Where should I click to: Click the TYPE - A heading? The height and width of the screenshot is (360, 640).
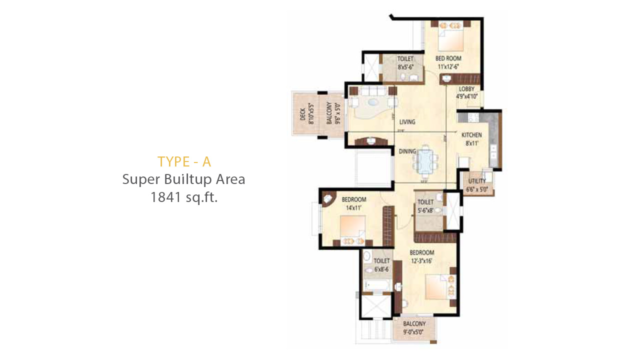pyautogui.click(x=184, y=161)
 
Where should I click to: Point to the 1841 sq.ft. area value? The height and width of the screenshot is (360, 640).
pyautogui.click(x=184, y=197)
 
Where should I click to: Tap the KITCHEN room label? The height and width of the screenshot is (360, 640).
pyautogui.click(x=471, y=135)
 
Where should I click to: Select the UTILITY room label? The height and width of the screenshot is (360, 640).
pyautogui.click(x=477, y=181)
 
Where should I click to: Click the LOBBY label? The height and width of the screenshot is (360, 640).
pyautogui.click(x=466, y=89)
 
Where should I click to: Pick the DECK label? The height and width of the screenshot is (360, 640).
pyautogui.click(x=303, y=114)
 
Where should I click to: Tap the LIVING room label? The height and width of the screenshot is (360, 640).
pyautogui.click(x=407, y=122)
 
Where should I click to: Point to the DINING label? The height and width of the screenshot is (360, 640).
pyautogui.click(x=407, y=151)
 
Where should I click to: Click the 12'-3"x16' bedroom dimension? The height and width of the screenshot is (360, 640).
pyautogui.click(x=421, y=260)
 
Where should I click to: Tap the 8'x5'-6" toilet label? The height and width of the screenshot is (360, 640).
pyautogui.click(x=405, y=66)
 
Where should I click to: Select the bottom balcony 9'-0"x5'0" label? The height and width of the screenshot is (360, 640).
pyautogui.click(x=414, y=331)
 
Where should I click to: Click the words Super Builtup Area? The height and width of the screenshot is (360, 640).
pyautogui.click(x=184, y=179)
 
